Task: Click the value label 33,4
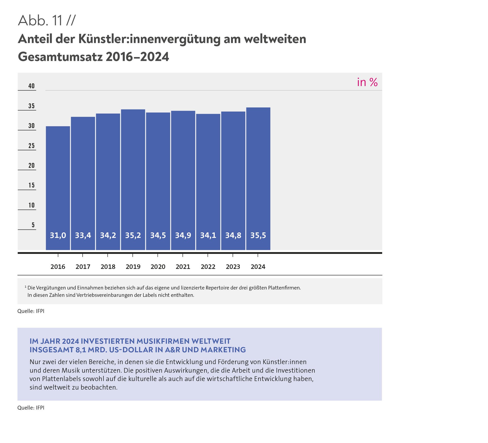tap(83, 235)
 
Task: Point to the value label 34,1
tap(208, 235)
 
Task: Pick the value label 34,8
tap(233, 235)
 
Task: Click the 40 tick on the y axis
tap(31, 86)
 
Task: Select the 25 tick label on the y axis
tap(31, 146)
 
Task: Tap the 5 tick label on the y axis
tap(33, 225)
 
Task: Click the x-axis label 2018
tap(108, 267)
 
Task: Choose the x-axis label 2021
tap(183, 267)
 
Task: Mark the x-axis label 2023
tap(233, 267)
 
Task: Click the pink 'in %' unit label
tap(367, 82)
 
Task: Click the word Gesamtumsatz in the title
tap(60, 57)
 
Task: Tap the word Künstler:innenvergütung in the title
tap(149, 39)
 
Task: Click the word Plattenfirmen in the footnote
tap(284, 288)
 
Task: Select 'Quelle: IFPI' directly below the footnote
tap(31, 311)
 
